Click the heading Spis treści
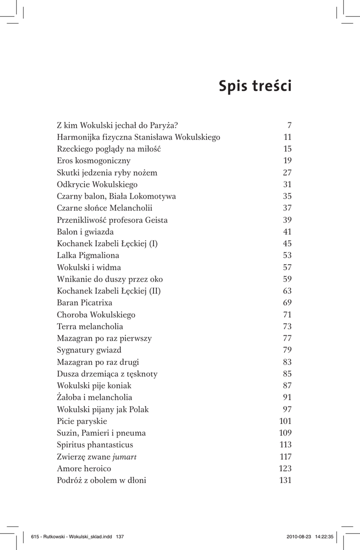coord(255,86)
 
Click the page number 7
coord(289,125)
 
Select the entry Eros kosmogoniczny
coord(93,161)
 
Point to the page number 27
coord(287,172)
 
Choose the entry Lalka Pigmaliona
coord(88,255)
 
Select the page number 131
coord(285,480)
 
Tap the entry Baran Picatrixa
coord(84,302)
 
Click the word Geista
coord(155,220)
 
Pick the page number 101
coord(285,421)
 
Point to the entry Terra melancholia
coord(90,326)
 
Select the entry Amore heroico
coord(84,468)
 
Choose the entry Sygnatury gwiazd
coord(89,350)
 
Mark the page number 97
coord(287,409)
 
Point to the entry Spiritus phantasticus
coord(95,445)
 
